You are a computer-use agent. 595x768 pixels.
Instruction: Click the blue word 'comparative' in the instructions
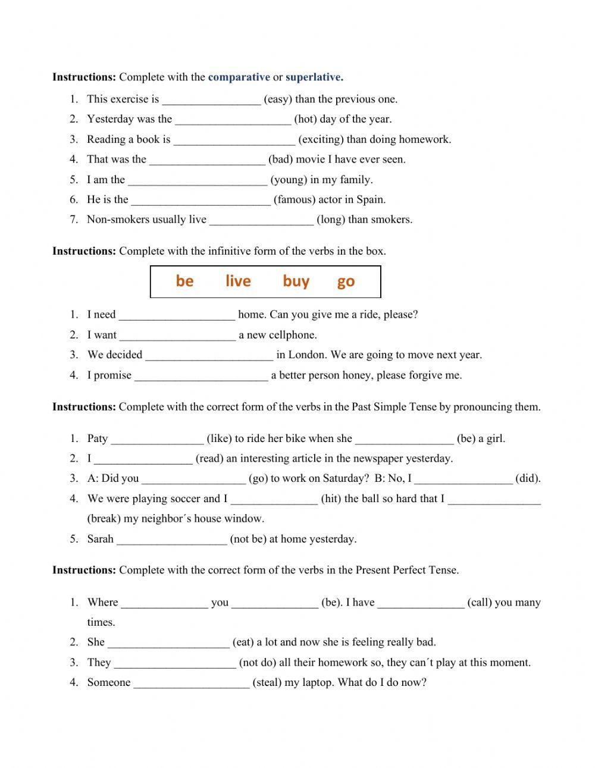[239, 77]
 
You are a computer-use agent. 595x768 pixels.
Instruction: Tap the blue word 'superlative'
[313, 77]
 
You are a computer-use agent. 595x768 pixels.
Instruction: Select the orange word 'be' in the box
[184, 281]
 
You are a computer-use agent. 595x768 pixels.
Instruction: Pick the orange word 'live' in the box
[238, 281]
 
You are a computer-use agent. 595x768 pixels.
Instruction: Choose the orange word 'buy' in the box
[296, 281]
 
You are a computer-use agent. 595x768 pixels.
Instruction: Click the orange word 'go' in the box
[346, 281]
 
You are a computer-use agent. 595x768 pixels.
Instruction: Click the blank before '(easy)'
[211, 100]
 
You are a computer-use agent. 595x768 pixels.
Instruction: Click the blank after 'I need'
[177, 315]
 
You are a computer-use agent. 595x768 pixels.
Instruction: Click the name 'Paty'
[98, 438]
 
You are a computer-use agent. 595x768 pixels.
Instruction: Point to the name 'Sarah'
[100, 538]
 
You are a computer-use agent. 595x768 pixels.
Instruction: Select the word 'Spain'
[370, 199]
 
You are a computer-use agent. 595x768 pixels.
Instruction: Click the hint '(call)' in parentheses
[479, 602]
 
